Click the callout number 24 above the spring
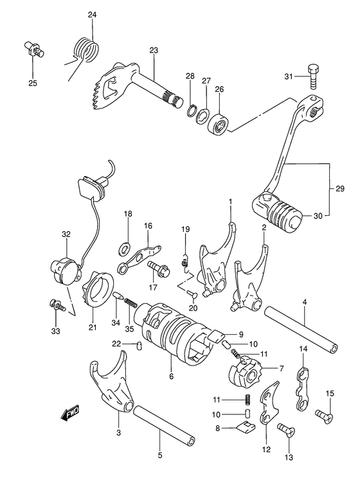92,15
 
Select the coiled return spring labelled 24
85,50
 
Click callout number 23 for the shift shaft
154,51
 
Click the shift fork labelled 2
252,280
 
